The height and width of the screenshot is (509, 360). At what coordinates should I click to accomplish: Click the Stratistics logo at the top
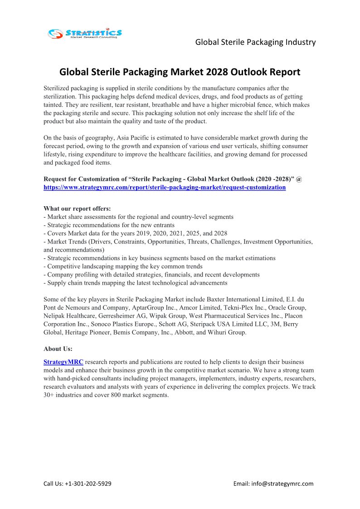tap(85, 33)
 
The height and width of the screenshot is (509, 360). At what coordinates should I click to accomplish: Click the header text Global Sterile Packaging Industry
tap(255, 42)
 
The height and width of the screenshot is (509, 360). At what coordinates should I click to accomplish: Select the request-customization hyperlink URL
tap(165, 187)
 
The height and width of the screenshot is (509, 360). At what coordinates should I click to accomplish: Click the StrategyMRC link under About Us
tap(63, 362)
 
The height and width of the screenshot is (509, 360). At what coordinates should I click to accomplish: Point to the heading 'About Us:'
tap(58, 349)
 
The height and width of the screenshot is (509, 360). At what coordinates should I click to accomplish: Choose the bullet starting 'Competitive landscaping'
tap(124, 267)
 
